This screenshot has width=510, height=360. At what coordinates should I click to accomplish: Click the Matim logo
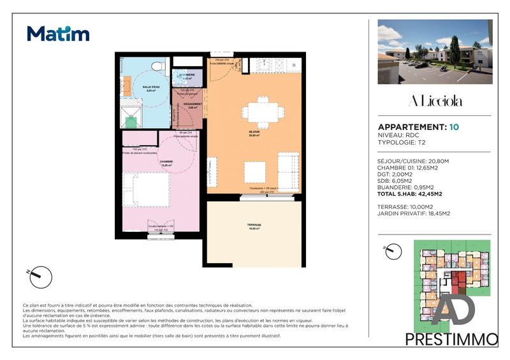(58, 33)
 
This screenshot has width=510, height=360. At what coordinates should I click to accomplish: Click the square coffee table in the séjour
(256, 171)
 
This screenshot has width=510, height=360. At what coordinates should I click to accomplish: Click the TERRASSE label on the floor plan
(254, 226)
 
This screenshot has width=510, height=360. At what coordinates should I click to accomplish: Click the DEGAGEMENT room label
(193, 104)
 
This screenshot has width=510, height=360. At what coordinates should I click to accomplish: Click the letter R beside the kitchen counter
(294, 66)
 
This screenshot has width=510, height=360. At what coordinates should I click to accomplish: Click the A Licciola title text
(433, 102)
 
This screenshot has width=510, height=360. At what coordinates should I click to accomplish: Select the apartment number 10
(454, 127)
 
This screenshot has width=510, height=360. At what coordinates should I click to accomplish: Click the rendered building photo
(435, 52)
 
